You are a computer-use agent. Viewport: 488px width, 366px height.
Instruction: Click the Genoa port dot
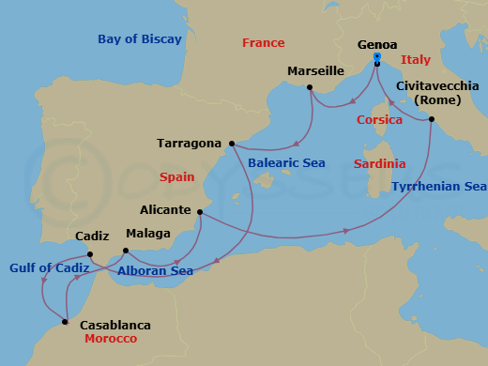pos(376,63)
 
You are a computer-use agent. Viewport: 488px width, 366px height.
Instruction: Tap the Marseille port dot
pos(309,88)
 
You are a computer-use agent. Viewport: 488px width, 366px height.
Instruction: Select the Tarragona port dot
pos(231,144)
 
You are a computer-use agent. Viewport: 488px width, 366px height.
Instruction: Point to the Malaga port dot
pos(126,251)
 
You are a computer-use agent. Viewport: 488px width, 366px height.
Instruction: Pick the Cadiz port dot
pos(90,253)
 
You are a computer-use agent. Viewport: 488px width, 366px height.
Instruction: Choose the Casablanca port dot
pos(65,322)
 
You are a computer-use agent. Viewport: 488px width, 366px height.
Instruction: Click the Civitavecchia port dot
pos(432,119)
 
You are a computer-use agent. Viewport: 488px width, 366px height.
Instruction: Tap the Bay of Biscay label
pos(140,39)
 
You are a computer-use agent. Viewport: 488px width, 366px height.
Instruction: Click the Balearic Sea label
pos(287,163)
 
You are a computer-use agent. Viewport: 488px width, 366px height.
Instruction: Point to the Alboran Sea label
pos(156,271)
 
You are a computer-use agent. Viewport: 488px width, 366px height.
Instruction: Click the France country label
pos(263,43)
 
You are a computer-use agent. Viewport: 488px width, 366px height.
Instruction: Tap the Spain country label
pos(177,176)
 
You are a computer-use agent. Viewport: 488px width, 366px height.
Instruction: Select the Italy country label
pos(416,60)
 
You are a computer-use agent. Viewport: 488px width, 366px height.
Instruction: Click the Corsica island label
pos(380,120)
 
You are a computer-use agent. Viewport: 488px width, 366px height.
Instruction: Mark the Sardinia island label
pos(380,164)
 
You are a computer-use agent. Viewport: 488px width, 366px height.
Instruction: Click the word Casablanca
pos(114,325)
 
